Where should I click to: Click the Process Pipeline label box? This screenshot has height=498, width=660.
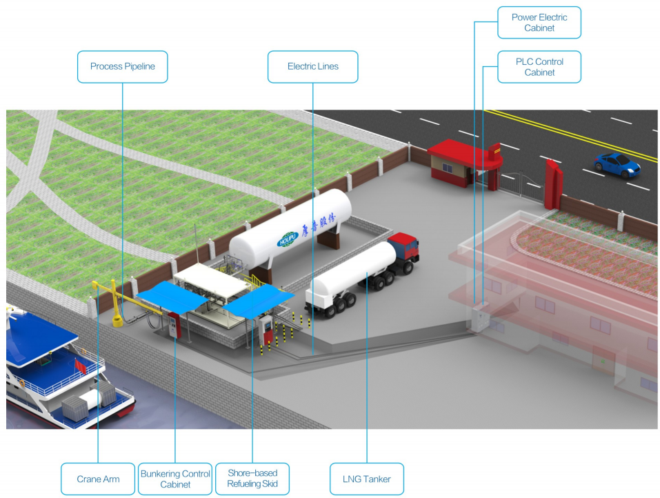pyautogui.click(x=122, y=67)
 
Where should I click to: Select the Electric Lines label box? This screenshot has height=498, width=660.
pyautogui.click(x=312, y=67)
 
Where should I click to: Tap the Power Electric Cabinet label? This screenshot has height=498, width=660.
pyautogui.click(x=539, y=23)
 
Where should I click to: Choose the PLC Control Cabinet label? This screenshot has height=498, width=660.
pyautogui.click(x=539, y=67)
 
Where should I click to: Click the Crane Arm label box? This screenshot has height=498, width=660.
pyautogui.click(x=98, y=479)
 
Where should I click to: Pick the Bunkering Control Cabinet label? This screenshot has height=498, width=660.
pyautogui.click(x=175, y=479)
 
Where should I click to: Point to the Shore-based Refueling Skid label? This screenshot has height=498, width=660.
pyautogui.click(x=252, y=479)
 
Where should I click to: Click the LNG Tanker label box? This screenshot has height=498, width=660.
pyautogui.click(x=366, y=479)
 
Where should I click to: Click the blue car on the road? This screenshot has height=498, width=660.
pyautogui.click(x=617, y=164)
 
